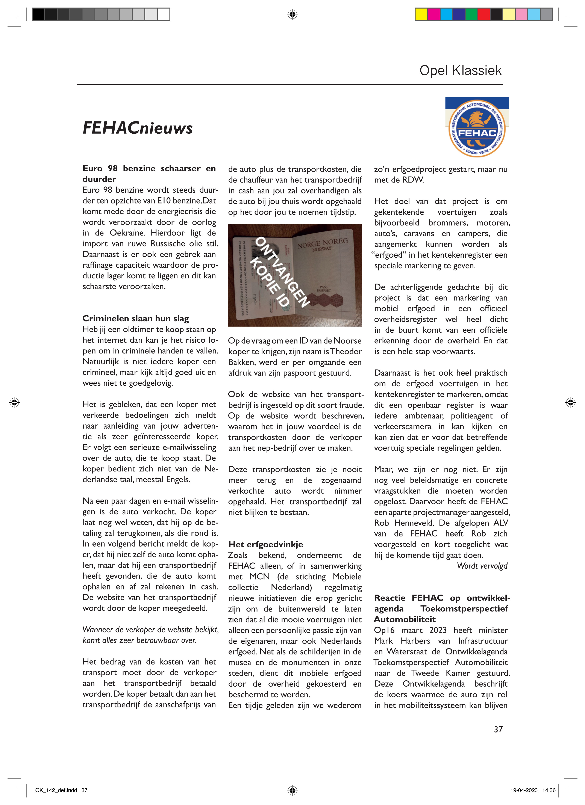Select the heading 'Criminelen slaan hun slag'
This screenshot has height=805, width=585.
[136, 318]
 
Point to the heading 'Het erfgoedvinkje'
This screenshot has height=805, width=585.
[266, 544]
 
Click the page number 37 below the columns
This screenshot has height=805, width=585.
[498, 729]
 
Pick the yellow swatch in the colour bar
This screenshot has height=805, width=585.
[421, 14]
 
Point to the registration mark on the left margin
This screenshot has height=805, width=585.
[14, 402]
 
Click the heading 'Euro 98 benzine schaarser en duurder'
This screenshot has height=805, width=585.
[149, 174]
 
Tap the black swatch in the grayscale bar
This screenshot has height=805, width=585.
[39, 14]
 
